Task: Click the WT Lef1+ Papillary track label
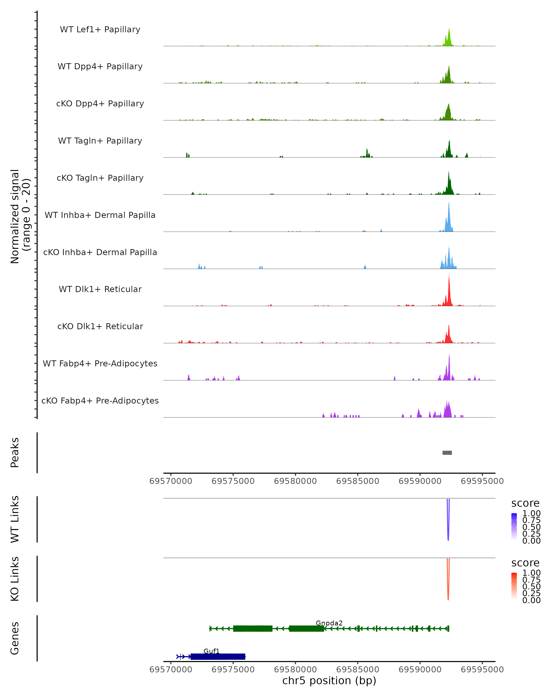click(x=100, y=30)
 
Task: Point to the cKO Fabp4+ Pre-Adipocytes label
click(x=100, y=401)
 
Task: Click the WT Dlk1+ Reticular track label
click(x=100, y=289)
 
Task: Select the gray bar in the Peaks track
click(x=447, y=453)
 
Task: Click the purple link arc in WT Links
click(x=448, y=530)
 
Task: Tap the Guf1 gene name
click(x=211, y=651)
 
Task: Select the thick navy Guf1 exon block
click(x=218, y=657)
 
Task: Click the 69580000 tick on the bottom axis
click(x=295, y=670)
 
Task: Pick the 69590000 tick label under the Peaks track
click(x=420, y=481)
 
